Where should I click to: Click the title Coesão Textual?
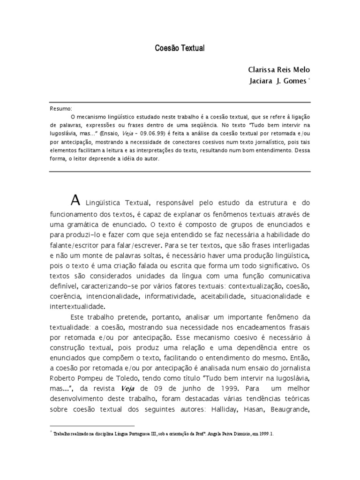(x=180, y=48)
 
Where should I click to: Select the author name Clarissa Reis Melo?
(x=279, y=70)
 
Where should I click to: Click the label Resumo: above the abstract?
(x=61, y=109)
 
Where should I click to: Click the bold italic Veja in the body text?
(x=129, y=389)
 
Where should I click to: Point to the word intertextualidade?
(x=77, y=306)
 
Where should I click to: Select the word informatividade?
(x=170, y=296)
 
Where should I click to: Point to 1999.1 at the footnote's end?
(x=264, y=434)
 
